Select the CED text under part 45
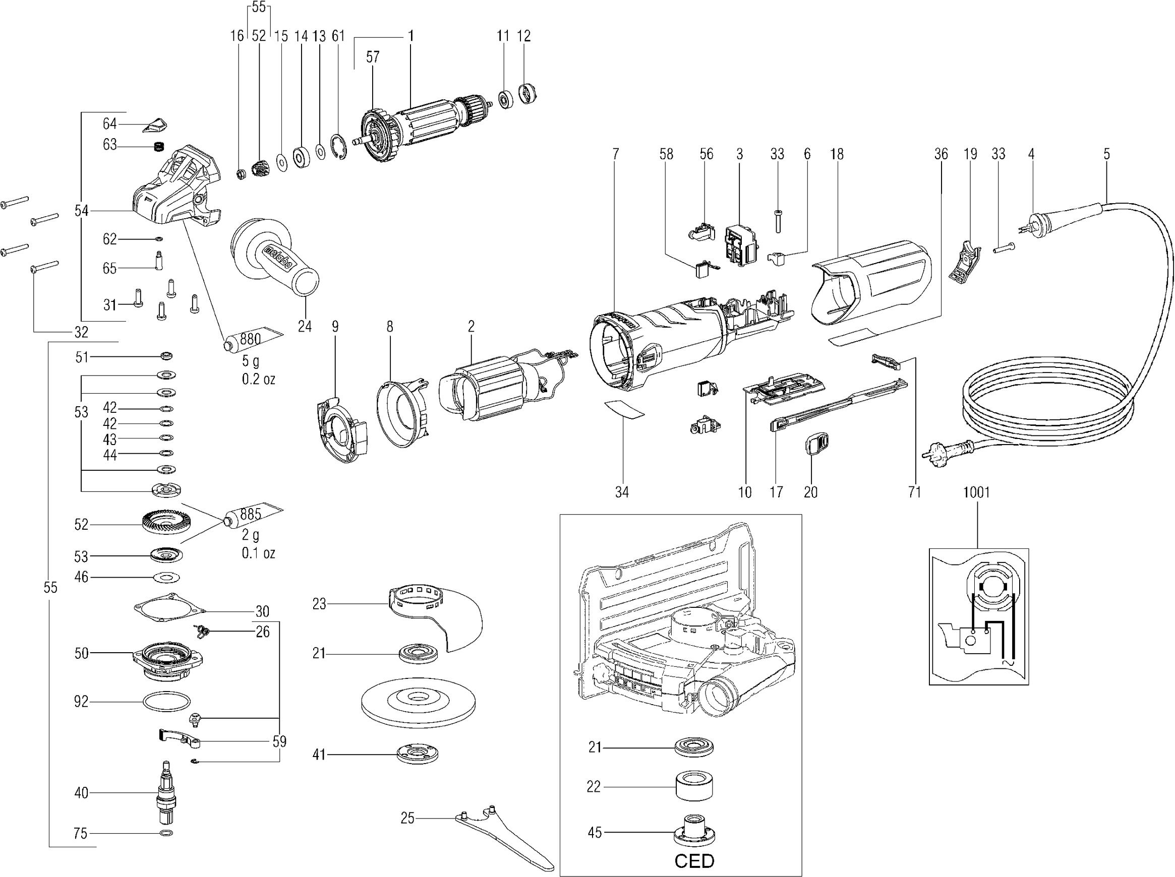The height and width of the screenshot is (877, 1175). pyautogui.click(x=694, y=860)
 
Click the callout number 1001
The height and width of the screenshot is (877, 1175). pyautogui.click(x=976, y=492)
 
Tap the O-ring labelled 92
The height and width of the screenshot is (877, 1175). pyautogui.click(x=166, y=702)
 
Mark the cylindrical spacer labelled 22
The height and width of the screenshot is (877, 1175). pyautogui.click(x=694, y=786)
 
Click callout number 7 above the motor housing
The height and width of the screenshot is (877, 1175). pyautogui.click(x=615, y=154)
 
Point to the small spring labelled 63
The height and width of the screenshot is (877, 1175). pyautogui.click(x=157, y=147)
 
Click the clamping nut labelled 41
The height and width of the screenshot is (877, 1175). pyautogui.click(x=418, y=754)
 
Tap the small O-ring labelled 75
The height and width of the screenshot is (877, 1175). pyautogui.click(x=166, y=833)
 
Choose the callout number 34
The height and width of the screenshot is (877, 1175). pyautogui.click(x=621, y=492)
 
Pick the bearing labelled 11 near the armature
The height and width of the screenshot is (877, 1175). pyautogui.click(x=506, y=100)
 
